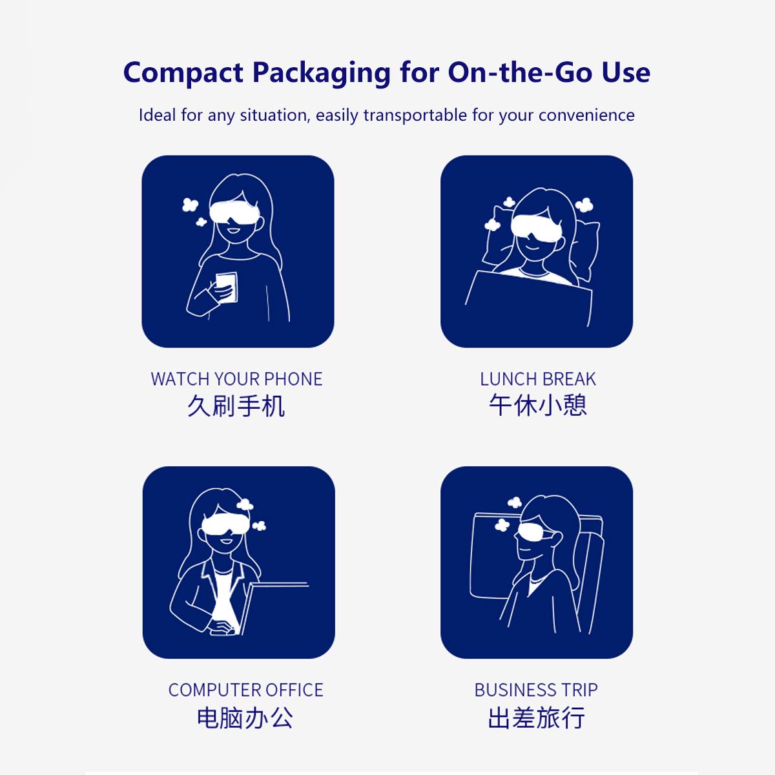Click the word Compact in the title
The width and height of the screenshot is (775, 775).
[183, 72]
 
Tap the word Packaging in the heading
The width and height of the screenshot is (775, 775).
[322, 74]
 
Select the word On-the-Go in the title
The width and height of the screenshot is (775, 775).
[520, 72]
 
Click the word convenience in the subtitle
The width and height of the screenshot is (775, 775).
[586, 116]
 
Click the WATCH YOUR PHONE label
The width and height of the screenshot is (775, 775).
[236, 379]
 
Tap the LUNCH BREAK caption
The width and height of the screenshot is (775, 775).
[538, 379]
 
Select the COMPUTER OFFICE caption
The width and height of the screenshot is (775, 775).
[245, 690]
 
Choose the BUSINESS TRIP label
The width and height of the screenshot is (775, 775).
[536, 690]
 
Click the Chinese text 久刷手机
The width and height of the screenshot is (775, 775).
[236, 406]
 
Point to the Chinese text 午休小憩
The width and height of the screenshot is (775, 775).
[538, 405]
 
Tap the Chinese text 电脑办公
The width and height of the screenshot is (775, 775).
[245, 718]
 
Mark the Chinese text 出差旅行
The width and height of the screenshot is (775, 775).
[537, 718]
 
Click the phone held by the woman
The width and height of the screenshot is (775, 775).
[227, 287]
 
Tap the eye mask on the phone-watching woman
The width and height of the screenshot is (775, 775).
[234, 211]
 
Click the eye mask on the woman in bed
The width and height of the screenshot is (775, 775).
[537, 227]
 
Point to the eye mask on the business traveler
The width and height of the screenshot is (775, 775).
[536, 533]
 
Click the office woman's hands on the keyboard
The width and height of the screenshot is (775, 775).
[222, 627]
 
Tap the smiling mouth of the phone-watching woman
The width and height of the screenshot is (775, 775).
[233, 231]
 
